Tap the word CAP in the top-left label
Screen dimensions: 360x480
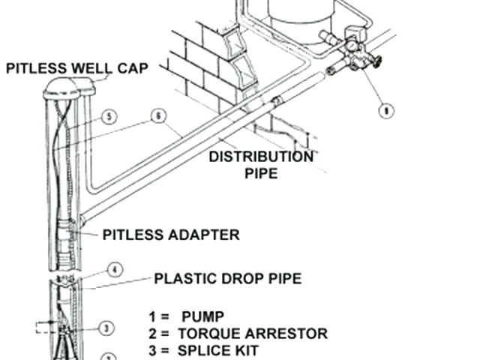(x=132, y=68)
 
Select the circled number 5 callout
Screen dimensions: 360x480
(x=109, y=116)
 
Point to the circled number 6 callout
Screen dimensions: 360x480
(x=157, y=115)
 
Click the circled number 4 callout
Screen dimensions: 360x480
(x=114, y=269)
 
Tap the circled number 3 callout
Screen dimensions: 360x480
(x=106, y=328)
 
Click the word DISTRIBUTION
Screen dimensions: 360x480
(x=261, y=157)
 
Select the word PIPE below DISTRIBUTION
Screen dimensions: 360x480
(x=262, y=174)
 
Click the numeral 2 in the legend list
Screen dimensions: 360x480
(x=154, y=333)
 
